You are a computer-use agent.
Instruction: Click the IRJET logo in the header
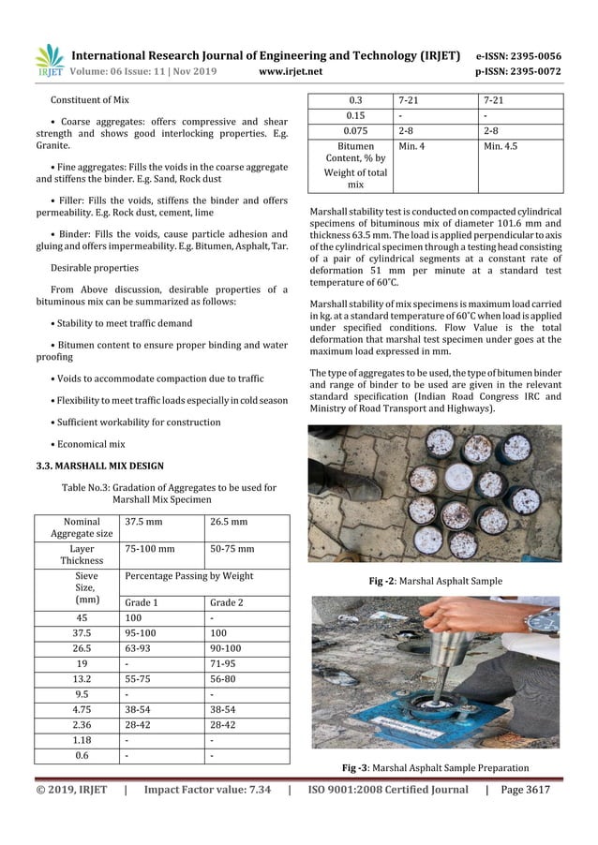click(x=49, y=59)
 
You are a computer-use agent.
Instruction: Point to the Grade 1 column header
click(x=142, y=602)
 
